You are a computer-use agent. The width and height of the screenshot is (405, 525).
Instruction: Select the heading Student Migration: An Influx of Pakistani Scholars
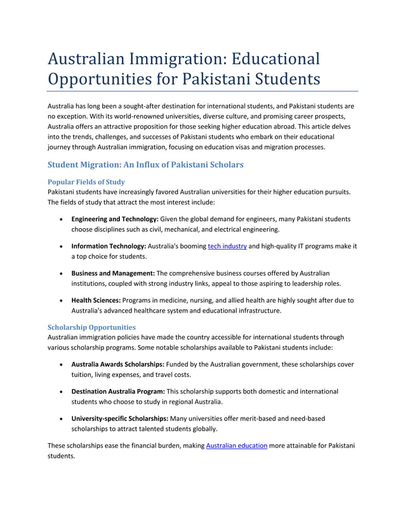point(145,165)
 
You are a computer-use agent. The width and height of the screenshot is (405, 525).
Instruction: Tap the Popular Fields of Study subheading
point(86,182)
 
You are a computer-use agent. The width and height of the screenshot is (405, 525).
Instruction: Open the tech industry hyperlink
point(227,246)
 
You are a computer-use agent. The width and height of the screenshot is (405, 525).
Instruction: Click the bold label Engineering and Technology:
point(114,219)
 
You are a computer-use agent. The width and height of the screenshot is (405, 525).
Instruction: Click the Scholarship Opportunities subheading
point(91,327)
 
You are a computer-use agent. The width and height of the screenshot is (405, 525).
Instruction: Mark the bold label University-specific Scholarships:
point(119,418)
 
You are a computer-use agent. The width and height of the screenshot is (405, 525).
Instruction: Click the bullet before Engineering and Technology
point(60,219)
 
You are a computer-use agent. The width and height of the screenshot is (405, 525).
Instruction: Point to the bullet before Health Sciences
point(60,301)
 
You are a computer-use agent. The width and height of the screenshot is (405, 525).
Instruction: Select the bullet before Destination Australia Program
point(60,392)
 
